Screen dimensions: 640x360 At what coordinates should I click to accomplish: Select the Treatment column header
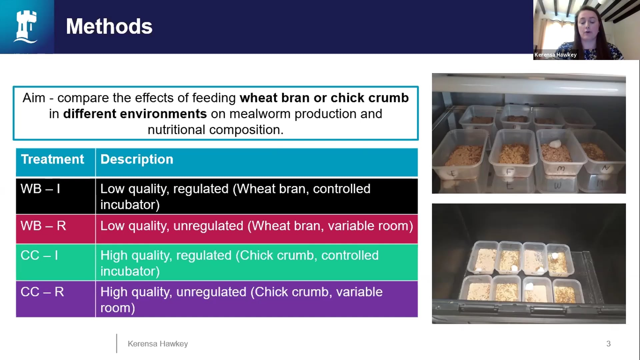click(x=52, y=159)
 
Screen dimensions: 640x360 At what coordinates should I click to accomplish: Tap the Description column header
click(x=137, y=159)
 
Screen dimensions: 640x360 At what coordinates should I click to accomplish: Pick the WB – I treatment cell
click(x=40, y=189)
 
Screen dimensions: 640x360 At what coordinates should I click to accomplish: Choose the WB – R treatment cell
click(x=43, y=226)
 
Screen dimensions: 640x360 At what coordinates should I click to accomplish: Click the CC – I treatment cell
click(x=39, y=255)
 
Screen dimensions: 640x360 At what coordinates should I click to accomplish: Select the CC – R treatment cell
click(x=42, y=292)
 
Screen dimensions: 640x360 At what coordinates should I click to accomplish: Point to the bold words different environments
click(x=135, y=114)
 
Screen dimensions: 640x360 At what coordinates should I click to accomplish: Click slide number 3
click(x=608, y=344)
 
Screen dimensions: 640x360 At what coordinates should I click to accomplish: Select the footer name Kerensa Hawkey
click(x=158, y=344)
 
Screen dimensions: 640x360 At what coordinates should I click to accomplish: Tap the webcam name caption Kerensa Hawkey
click(x=555, y=55)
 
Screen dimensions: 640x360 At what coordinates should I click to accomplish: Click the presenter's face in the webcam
click(x=588, y=25)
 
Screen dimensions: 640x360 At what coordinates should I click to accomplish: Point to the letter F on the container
click(x=509, y=172)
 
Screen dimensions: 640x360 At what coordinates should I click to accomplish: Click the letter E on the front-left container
click(x=453, y=173)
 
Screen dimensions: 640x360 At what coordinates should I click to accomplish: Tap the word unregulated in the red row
click(x=208, y=226)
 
